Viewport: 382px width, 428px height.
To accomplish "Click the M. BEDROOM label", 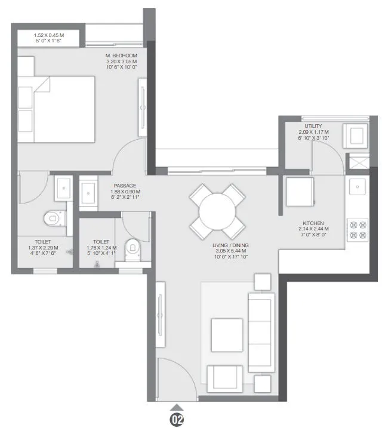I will [x=121, y=55].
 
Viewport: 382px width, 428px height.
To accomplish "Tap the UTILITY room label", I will [x=313, y=126].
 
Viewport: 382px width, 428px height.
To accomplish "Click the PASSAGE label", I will [x=125, y=186].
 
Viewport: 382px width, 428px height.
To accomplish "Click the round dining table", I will [x=217, y=211].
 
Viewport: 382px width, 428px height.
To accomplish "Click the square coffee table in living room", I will [x=227, y=335].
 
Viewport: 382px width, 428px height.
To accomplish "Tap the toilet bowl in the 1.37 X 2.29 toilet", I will [x=54, y=218].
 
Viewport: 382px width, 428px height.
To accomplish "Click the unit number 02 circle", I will [x=177, y=419].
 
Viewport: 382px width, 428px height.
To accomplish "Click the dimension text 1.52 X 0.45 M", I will [x=49, y=35].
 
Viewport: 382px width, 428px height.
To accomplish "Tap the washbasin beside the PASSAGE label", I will [x=89, y=192].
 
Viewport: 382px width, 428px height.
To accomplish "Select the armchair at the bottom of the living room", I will [x=225, y=377].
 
